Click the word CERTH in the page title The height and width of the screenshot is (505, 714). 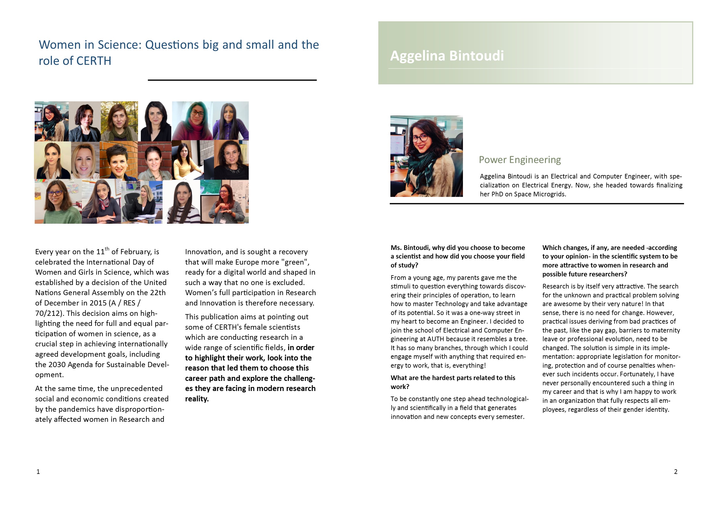click(94, 61)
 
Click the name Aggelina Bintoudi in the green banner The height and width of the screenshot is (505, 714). click(447, 56)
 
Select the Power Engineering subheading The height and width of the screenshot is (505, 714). click(520, 160)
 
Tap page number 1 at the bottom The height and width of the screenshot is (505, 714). click(38, 472)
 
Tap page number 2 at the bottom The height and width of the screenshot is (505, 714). click(675, 472)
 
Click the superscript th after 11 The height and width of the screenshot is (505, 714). click(107, 249)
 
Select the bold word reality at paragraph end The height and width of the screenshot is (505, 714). click(197, 399)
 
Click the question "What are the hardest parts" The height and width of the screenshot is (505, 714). click(453, 378)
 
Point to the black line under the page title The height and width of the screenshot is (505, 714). click(232, 80)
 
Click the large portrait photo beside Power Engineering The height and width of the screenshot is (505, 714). click(426, 156)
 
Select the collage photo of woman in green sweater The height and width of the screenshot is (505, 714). click(58, 202)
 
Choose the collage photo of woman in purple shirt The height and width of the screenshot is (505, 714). click(230, 121)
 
